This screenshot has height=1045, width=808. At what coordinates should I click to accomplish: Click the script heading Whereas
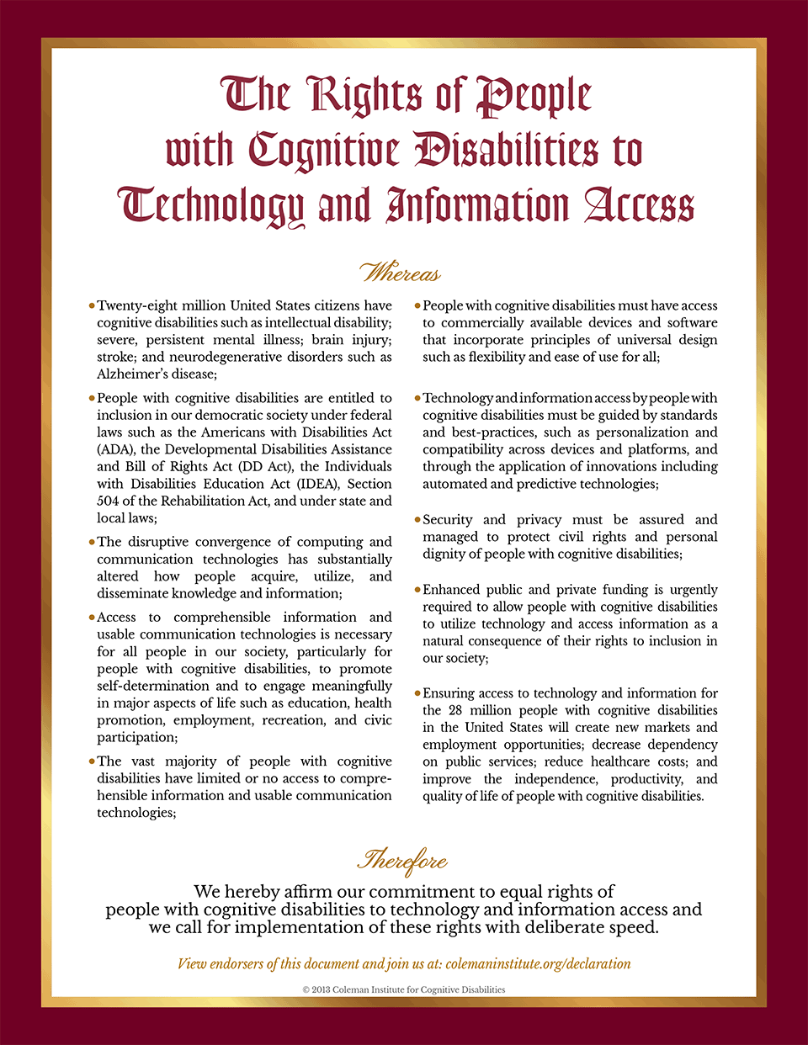click(401, 273)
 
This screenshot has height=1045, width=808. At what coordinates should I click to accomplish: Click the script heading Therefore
click(402, 861)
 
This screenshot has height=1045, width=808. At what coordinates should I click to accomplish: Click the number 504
click(109, 501)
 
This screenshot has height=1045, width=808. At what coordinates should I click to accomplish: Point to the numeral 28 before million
click(454, 710)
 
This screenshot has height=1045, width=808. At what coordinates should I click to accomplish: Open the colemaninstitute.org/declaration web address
click(538, 964)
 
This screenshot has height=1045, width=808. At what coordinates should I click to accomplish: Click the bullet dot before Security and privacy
click(417, 520)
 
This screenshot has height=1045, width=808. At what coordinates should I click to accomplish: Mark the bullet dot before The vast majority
click(92, 761)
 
